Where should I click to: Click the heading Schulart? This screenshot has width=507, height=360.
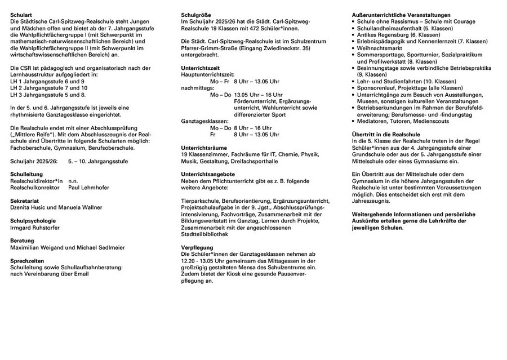click(x=20, y=13)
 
